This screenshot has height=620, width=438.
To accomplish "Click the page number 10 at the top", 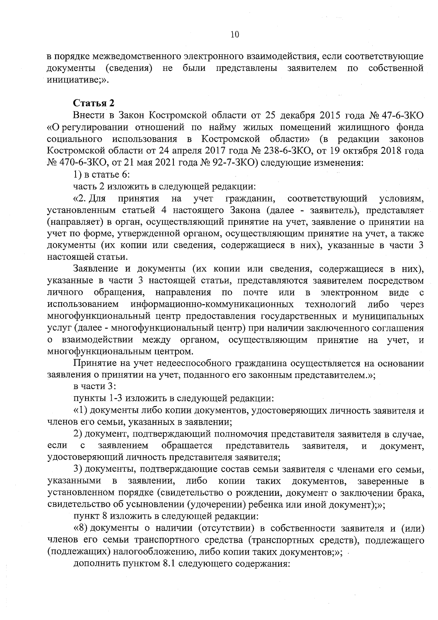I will coord(235,35).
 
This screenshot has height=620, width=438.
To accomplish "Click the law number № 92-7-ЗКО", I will coord(229,162).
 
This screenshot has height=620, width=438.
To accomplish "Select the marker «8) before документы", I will coord(80,528).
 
